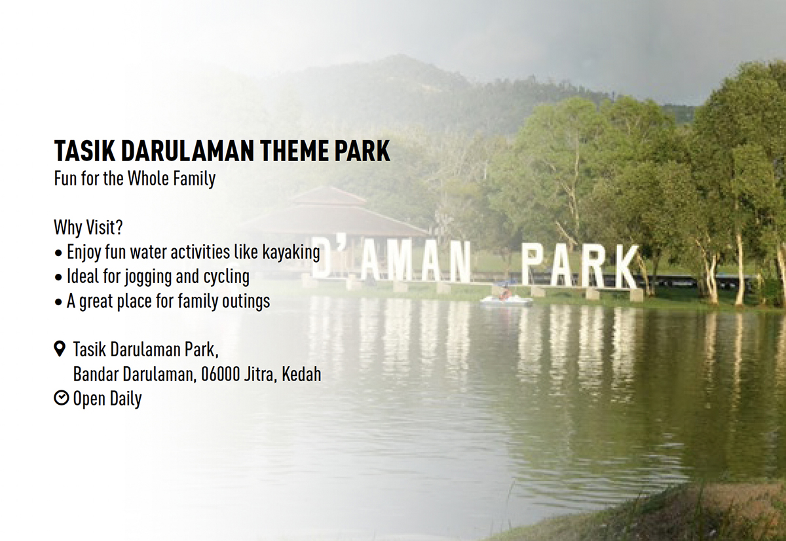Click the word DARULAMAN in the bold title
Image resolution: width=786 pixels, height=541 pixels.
(187, 151)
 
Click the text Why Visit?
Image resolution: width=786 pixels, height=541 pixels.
(88, 227)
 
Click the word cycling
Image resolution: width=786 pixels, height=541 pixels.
(227, 277)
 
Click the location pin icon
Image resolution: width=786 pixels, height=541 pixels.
(60, 349)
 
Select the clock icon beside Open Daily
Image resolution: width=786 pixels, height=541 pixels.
(62, 398)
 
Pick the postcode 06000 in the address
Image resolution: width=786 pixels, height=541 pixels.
(220, 375)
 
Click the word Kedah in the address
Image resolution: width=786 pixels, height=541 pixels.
(301, 375)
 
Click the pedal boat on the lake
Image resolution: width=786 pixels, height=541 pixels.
(506, 297)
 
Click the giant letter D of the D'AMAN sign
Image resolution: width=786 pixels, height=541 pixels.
(320, 259)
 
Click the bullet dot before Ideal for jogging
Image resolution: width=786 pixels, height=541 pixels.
(58, 278)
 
